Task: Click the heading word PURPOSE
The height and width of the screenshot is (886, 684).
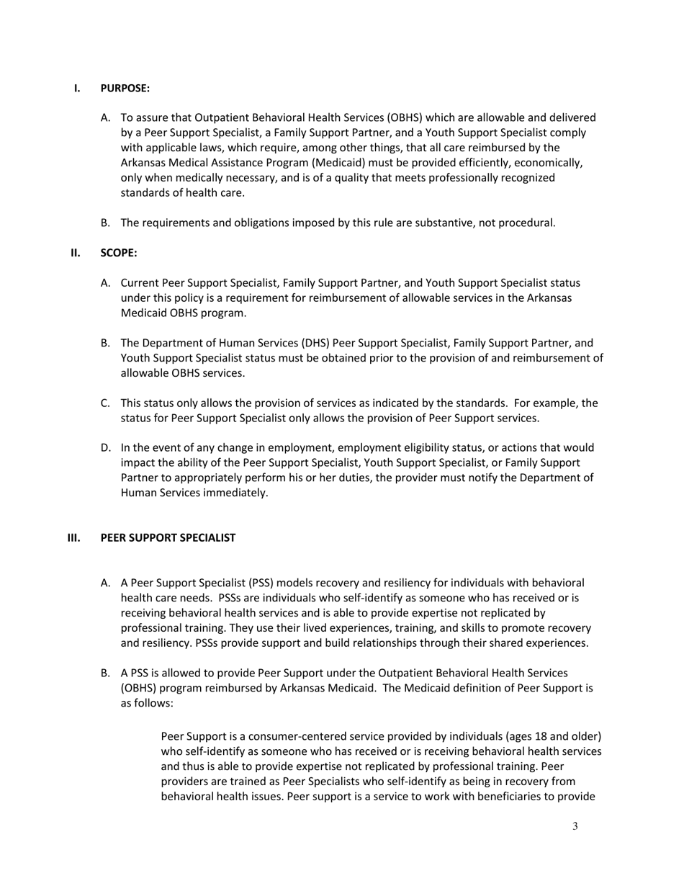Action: (x=125, y=89)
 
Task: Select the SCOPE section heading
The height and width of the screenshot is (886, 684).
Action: (x=118, y=253)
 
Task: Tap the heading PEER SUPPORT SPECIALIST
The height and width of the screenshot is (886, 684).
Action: (x=168, y=538)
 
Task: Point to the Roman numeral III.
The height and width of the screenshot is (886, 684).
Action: (x=73, y=538)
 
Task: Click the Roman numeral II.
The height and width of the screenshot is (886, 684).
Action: (x=75, y=253)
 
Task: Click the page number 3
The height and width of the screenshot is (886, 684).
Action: (x=575, y=827)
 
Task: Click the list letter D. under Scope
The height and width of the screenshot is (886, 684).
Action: (x=106, y=448)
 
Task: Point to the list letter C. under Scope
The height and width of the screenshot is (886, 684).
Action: (x=106, y=403)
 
